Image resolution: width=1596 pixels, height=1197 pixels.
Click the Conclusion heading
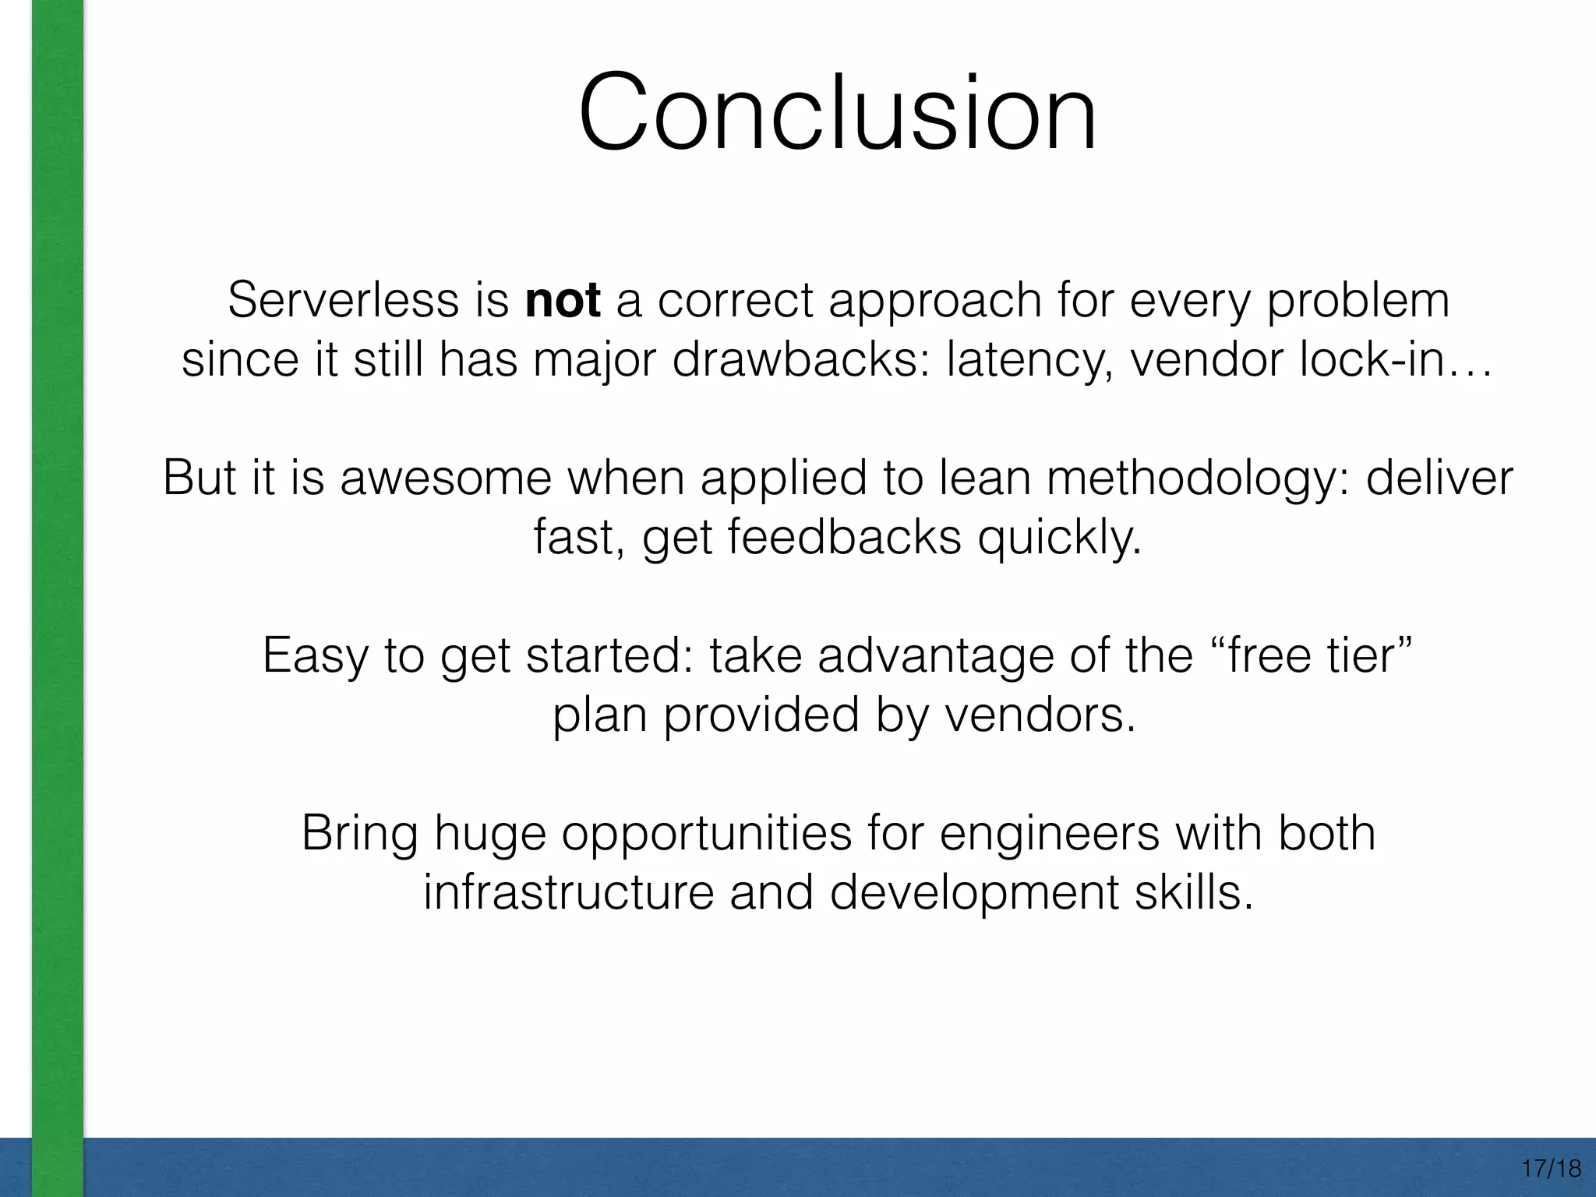tap(838, 113)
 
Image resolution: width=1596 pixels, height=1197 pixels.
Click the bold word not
tap(563, 300)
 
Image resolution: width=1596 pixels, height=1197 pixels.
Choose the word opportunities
tap(707, 834)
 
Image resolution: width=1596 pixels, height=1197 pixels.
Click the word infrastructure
tap(568, 892)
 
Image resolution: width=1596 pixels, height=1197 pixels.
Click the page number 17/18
tap(1551, 1169)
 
